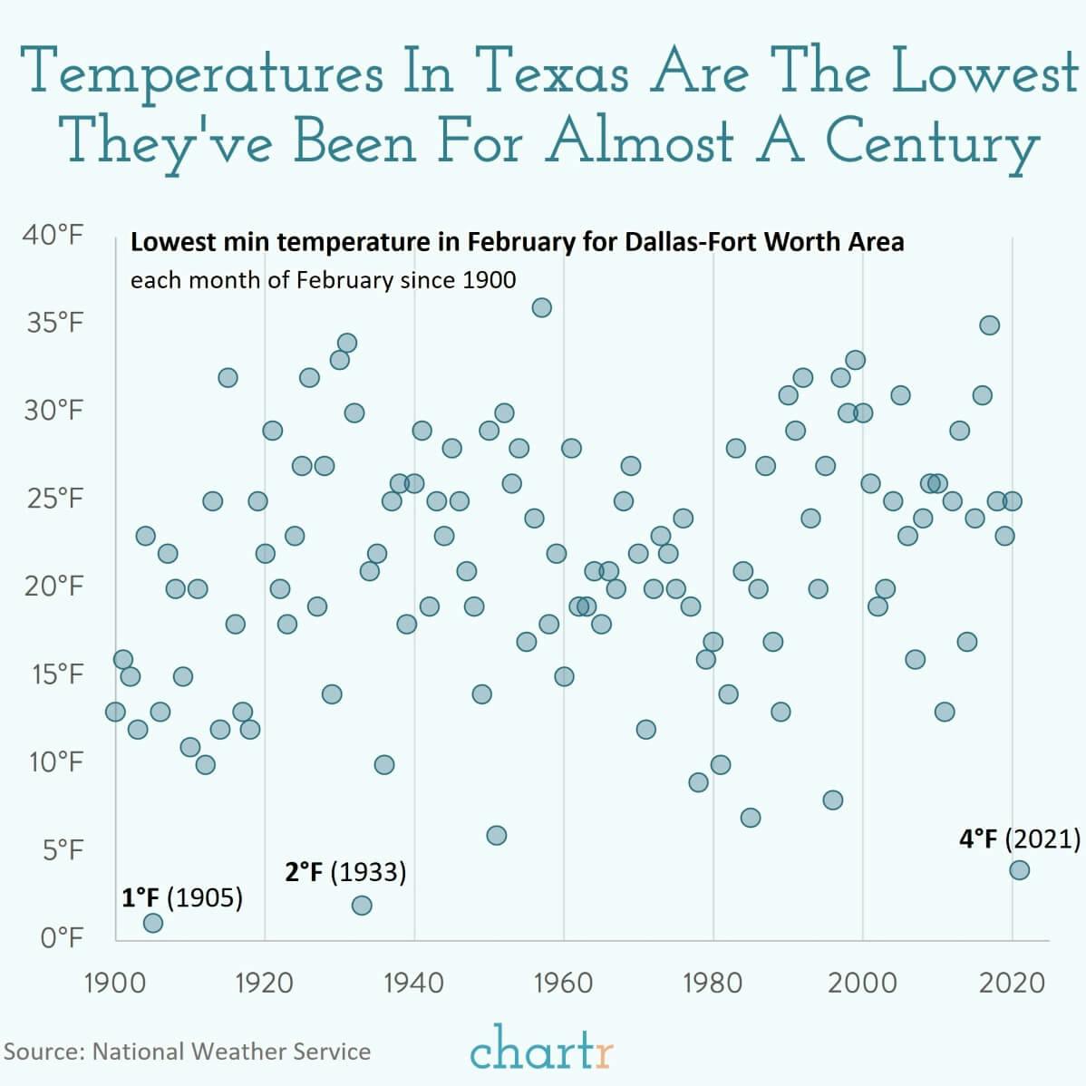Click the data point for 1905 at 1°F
point(152,923)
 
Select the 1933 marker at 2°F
point(362,905)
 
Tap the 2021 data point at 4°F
point(1019,870)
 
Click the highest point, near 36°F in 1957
point(541,307)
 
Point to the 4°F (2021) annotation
point(1020,839)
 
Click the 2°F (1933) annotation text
point(345,873)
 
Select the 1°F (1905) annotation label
point(182,898)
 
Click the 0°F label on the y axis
point(62,937)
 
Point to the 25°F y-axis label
point(55,499)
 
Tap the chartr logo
point(542,1051)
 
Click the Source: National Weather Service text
point(188,1052)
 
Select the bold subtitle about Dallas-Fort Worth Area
point(517,243)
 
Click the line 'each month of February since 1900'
point(323,279)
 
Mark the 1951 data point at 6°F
point(496,835)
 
